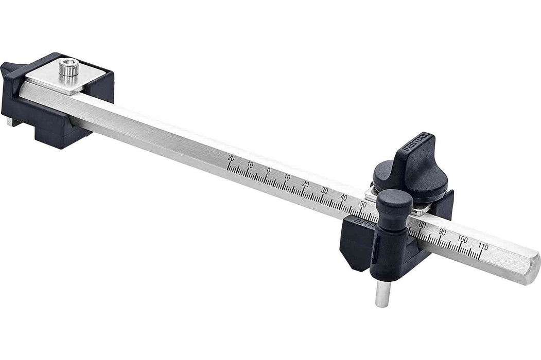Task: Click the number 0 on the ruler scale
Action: coord(268,171)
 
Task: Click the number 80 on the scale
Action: coord(422,225)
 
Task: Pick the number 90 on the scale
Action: coord(442,232)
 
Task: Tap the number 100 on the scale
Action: coord(462,240)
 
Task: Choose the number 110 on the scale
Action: coord(483,247)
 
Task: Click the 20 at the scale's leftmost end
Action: coord(231,158)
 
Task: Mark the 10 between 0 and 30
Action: coord(287,177)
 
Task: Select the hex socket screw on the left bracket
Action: coord(68,67)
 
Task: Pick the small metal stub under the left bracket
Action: coord(10,122)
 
